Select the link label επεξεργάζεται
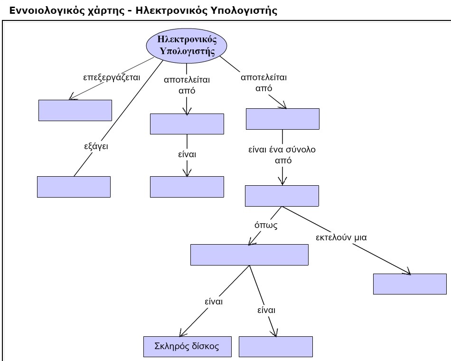click(112, 77)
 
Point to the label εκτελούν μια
click(341, 237)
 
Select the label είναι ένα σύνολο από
click(282, 155)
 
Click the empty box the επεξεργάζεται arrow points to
click(75, 110)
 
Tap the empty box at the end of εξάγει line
click(74, 187)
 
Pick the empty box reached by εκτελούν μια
click(410, 284)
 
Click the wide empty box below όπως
click(249, 255)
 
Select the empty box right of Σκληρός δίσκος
click(276, 346)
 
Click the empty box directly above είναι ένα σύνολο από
click(282, 119)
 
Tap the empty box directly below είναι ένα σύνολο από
click(282, 196)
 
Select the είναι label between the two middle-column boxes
click(187, 155)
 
